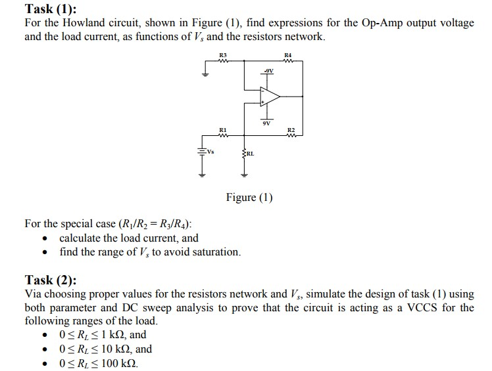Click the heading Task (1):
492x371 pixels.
(51, 9)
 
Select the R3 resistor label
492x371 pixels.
(222, 55)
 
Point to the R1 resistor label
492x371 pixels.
(222, 130)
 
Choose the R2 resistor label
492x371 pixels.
(290, 131)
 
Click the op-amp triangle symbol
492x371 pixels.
(269, 97)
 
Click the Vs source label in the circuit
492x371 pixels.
(210, 151)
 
